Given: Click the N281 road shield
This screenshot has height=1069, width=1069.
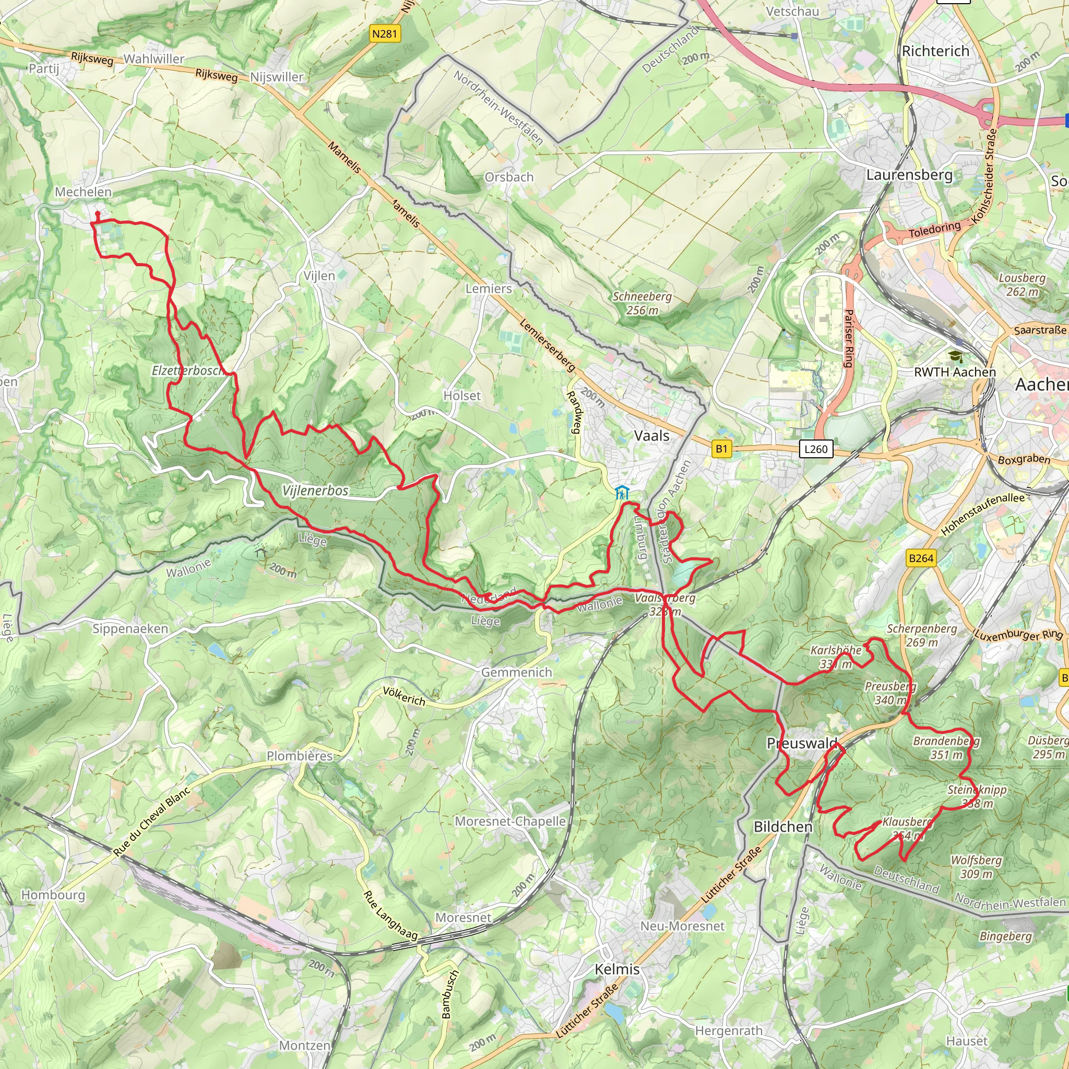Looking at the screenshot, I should [385, 34].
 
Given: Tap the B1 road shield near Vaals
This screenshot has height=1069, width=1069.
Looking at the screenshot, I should [721, 449].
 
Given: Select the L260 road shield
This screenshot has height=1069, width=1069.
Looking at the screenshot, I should [816, 449].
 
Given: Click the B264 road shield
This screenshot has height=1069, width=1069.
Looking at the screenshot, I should [921, 559].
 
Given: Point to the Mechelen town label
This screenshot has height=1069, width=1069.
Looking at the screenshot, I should [83, 192].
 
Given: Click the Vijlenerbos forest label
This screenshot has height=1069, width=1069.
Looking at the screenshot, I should [315, 491].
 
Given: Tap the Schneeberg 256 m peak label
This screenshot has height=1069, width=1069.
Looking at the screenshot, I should [642, 303].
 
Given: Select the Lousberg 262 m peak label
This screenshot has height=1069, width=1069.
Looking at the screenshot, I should [1022, 284].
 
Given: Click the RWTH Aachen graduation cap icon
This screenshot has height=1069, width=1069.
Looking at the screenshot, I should [955, 357].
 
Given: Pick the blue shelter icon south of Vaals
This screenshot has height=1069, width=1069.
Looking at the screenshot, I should [622, 492].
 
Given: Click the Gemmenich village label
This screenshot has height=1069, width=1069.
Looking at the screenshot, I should [516, 672].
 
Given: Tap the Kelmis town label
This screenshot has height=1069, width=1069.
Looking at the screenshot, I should [617, 969].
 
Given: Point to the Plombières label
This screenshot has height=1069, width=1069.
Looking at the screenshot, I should [299, 756].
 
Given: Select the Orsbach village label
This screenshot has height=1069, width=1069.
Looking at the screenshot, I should [508, 177].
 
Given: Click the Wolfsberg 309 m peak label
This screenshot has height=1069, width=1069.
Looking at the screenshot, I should [976, 867].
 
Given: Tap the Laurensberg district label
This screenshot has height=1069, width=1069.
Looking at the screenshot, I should [909, 175].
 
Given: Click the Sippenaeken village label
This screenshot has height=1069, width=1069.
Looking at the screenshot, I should [130, 628].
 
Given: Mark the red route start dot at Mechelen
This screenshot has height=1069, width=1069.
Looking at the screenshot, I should [98, 213].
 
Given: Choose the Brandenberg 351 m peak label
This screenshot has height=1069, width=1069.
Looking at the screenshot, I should [946, 747].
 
